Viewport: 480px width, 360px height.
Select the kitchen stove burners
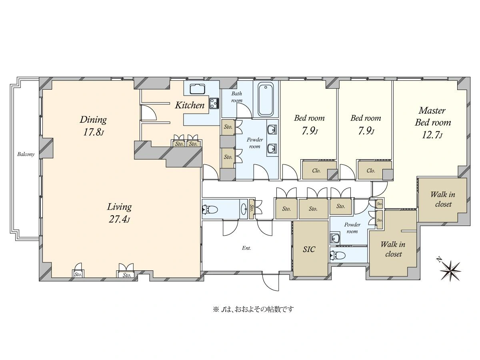coord(214,103)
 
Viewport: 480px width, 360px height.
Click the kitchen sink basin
coord(197,89)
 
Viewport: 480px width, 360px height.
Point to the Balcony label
coord(26,154)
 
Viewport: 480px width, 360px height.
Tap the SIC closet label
coord(309,249)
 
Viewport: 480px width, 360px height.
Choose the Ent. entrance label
coord(246,248)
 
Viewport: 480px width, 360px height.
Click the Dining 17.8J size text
coord(93,132)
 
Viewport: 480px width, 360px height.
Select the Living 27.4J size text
coord(119,219)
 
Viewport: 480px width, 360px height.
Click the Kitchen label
coord(190,105)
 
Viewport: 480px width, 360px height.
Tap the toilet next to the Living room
coord(210,210)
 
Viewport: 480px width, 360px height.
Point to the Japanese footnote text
coord(254,310)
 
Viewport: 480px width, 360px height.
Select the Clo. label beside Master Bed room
coord(371,171)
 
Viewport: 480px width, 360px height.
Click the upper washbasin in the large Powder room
coord(272,130)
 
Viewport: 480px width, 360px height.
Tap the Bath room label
coord(237,97)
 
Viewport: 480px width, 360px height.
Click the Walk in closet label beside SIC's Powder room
coord(393,249)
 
